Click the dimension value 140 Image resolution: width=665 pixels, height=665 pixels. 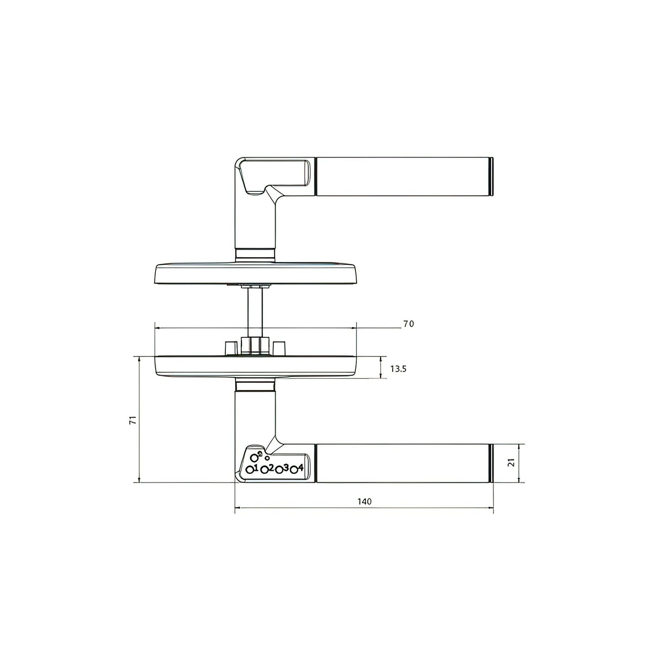[x=364, y=502]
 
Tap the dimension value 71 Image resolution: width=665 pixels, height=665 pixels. [x=134, y=420]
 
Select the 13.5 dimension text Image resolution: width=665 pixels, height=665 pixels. [x=398, y=369]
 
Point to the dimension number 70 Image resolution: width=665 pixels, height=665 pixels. [x=408, y=324]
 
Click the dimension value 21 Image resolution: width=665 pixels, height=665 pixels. [x=511, y=463]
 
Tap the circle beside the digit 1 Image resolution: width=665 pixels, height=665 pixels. [x=250, y=470]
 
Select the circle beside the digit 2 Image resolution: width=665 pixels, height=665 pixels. [x=264, y=470]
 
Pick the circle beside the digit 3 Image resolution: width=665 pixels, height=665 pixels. [x=279, y=470]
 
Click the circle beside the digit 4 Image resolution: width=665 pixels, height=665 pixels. [x=294, y=470]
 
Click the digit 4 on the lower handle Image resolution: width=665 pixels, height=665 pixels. [x=301, y=467]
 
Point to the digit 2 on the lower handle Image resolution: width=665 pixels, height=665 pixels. [x=271, y=467]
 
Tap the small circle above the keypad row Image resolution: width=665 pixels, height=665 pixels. [x=267, y=458]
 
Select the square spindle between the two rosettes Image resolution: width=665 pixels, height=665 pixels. [x=255, y=312]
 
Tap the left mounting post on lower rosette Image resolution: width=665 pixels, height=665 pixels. [x=229, y=348]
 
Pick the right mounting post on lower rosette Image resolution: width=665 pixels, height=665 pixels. [x=280, y=348]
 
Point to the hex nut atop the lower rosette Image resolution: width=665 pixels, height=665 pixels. [x=255, y=345]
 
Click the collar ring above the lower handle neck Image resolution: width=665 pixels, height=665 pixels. [x=255, y=385]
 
